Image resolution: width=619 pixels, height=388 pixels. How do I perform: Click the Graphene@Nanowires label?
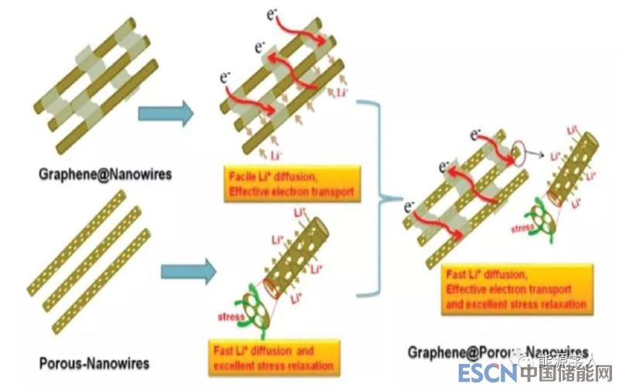click(104, 174)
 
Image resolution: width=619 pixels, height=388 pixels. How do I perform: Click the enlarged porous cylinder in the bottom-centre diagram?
click(298, 256)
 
